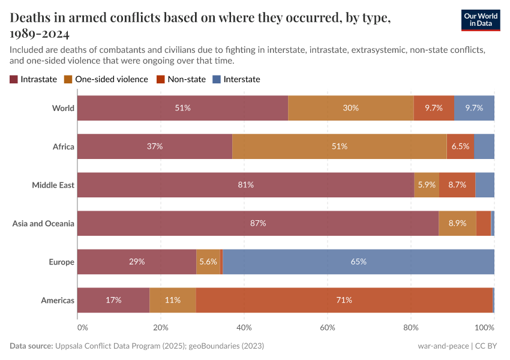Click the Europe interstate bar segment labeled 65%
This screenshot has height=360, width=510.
[359, 262]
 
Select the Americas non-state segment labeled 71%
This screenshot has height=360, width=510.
[344, 300]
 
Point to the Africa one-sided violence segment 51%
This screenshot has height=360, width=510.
[339, 146]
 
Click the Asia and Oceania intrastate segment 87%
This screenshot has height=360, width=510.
[258, 223]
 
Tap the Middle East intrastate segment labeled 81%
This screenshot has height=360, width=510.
[245, 185]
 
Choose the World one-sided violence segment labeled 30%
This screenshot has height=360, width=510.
[351, 108]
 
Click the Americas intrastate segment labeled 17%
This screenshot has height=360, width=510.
[113, 300]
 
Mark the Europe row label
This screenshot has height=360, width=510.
[61, 262]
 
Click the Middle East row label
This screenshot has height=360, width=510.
[53, 185]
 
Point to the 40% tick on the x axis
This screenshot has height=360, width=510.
[244, 328]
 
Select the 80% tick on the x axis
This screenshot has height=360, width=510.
[411, 328]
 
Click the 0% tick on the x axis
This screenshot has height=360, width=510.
[82, 328]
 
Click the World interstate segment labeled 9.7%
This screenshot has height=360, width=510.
[474, 108]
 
